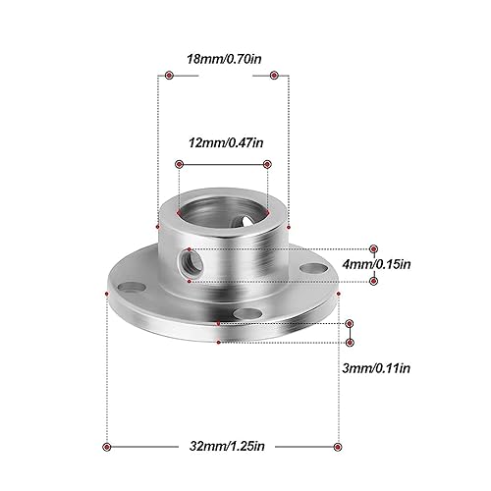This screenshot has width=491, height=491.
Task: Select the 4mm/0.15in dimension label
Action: click(406, 263)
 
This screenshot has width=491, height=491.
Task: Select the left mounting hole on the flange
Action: click(129, 287)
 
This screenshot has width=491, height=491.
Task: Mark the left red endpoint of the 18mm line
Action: click(169, 75)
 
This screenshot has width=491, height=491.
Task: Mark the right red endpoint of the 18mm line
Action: click(276, 75)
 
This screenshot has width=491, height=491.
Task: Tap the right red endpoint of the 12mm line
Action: click(266, 164)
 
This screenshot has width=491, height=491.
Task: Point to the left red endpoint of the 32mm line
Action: click(108, 446)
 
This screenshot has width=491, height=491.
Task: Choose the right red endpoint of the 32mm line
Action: click(338, 446)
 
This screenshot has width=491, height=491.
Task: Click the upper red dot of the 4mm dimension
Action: click(373, 249)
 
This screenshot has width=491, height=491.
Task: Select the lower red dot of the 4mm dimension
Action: click(373, 281)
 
